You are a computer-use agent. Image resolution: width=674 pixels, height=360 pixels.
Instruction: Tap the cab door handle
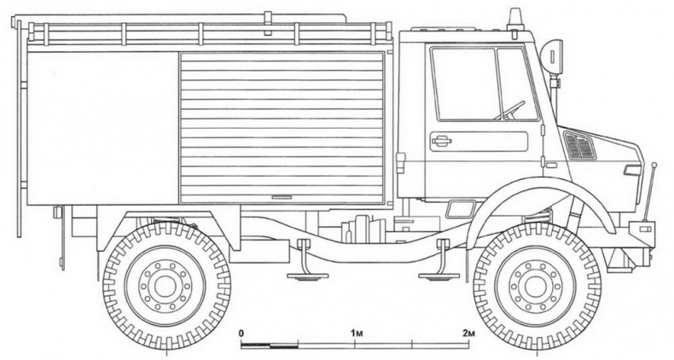(x=442, y=141)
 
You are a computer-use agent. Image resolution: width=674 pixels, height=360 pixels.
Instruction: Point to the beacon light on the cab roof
(x=514, y=19)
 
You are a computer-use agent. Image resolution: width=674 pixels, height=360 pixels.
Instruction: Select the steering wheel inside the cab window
(x=513, y=110)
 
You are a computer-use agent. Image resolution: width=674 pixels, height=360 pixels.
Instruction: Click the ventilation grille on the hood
(x=580, y=146)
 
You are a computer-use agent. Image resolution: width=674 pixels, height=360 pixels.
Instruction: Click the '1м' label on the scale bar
(x=355, y=331)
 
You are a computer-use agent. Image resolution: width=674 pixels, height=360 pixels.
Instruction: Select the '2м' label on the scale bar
(x=467, y=331)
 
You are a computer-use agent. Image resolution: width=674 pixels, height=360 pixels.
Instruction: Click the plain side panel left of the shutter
(x=102, y=128)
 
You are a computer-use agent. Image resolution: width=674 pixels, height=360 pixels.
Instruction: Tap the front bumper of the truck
(x=641, y=230)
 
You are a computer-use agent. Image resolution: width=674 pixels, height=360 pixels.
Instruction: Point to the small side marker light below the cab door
(x=461, y=207)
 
